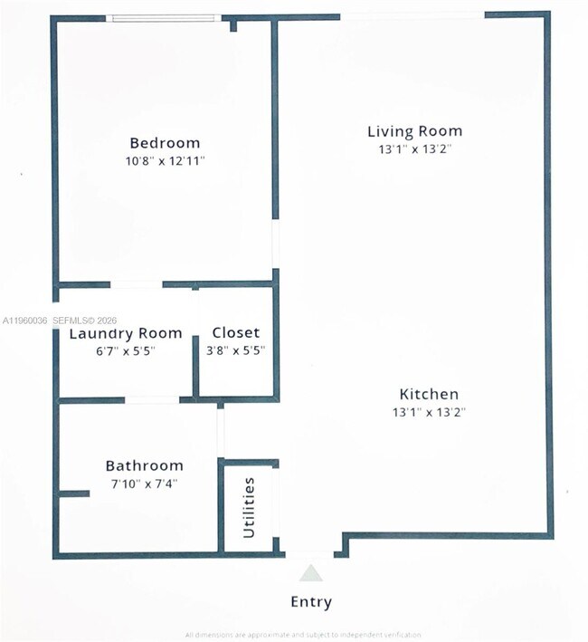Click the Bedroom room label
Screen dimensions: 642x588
tap(165, 143)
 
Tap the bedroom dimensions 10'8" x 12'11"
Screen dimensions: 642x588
tap(165, 161)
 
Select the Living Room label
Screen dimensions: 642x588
tap(414, 131)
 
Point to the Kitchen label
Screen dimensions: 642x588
tap(429, 394)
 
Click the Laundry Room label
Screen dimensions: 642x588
tap(126, 333)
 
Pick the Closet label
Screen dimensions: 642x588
tap(235, 332)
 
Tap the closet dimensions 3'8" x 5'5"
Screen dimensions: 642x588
tap(235, 350)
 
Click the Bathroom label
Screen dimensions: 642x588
tap(144, 465)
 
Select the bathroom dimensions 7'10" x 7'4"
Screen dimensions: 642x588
tap(144, 484)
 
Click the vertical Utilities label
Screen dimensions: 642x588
tap(249, 508)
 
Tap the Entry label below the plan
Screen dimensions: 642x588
tap(310, 601)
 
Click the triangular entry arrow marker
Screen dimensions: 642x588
tap(310, 572)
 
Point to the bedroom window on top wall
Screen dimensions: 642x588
tap(163, 17)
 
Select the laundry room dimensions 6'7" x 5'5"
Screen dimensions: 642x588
tap(113, 351)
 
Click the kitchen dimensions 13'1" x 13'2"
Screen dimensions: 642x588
tap(429, 412)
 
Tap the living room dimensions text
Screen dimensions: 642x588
tap(414, 149)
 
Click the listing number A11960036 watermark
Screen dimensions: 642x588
tap(24, 321)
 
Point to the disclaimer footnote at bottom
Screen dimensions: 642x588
tap(303, 634)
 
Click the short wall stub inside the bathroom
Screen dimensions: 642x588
tap(74, 493)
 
